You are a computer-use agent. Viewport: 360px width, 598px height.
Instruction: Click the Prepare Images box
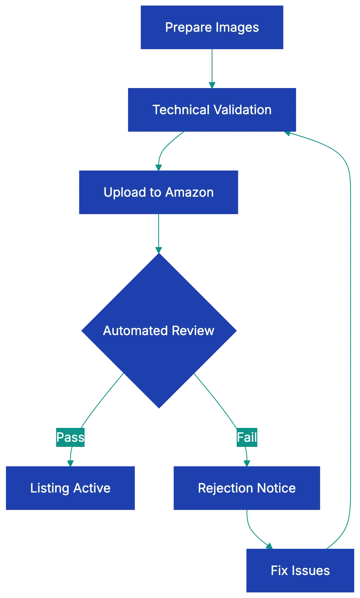[212, 27]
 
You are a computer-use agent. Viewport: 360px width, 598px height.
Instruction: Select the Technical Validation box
[212, 110]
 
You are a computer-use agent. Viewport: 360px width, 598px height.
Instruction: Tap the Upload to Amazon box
[159, 192]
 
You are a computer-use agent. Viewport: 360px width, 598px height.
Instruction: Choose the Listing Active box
[70, 488]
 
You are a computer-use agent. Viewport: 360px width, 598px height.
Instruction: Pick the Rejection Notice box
[246, 488]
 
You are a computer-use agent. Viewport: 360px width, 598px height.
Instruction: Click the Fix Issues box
[300, 570]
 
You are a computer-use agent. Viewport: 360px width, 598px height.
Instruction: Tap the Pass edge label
[70, 437]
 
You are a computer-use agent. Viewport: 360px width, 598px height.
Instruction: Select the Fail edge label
[247, 437]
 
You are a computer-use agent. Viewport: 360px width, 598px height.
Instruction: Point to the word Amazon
[189, 192]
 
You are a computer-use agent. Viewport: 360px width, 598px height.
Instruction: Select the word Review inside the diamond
[193, 330]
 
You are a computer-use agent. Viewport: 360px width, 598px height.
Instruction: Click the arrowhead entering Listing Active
[70, 462]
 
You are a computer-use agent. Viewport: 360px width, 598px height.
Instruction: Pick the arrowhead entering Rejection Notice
[246, 462]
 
